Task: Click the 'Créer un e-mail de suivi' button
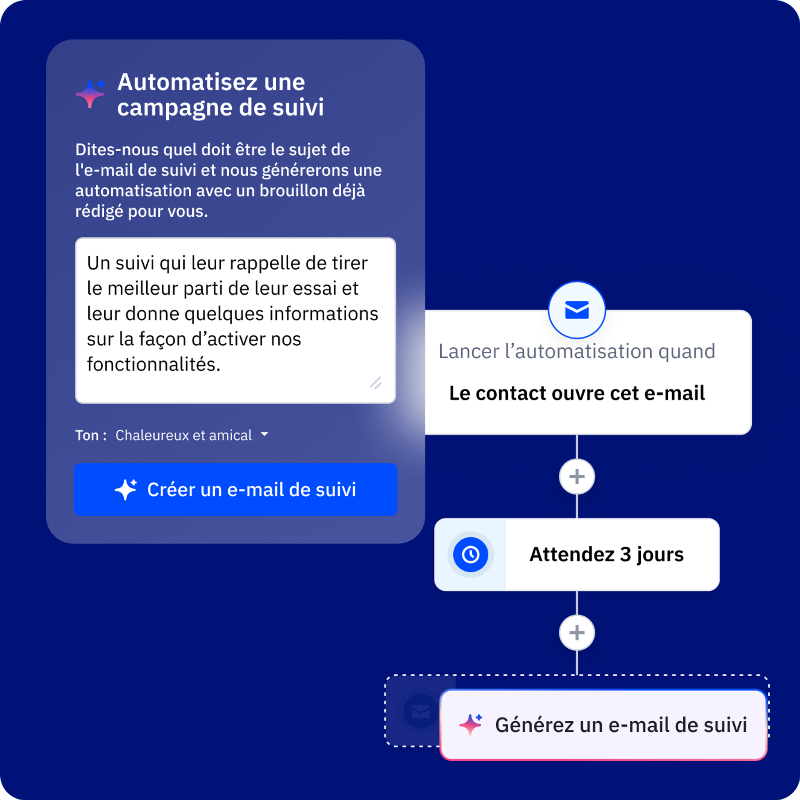click(x=235, y=490)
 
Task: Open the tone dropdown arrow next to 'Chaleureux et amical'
click(x=265, y=434)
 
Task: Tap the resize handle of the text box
click(x=376, y=383)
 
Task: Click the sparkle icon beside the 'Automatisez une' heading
click(x=90, y=94)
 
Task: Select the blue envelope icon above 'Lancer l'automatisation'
click(x=577, y=310)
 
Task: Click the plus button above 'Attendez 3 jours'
click(x=577, y=477)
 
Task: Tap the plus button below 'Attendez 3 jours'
click(x=577, y=633)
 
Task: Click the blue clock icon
click(x=471, y=555)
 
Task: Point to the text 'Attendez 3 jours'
click(x=607, y=555)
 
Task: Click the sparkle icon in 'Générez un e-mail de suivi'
click(x=471, y=725)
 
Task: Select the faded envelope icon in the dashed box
click(x=421, y=711)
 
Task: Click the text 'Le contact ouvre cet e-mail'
click(x=577, y=393)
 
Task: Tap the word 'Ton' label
click(x=87, y=435)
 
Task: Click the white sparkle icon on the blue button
click(x=126, y=490)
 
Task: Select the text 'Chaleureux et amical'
click(x=184, y=435)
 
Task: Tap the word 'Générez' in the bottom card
click(x=534, y=725)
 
